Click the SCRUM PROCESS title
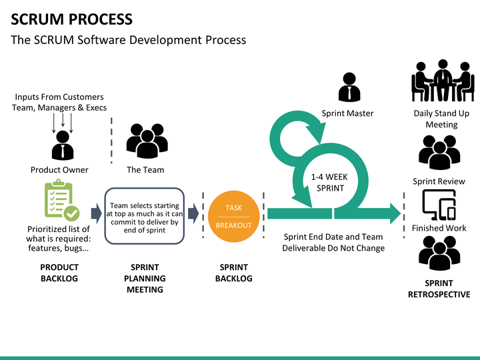pyautogui.click(x=71, y=19)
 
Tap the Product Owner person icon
pyautogui.click(x=63, y=145)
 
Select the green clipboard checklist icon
pyautogui.click(x=62, y=200)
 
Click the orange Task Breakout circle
pyautogui.click(x=233, y=217)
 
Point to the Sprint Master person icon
pyautogui.click(x=349, y=87)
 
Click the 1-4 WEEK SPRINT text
pyautogui.click(x=330, y=183)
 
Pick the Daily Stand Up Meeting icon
pyautogui.click(x=443, y=81)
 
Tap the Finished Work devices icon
pyautogui.click(x=439, y=205)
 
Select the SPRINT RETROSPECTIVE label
pyautogui.click(x=439, y=289)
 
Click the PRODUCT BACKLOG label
pyautogui.click(x=59, y=273)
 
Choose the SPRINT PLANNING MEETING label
pyautogui.click(x=145, y=278)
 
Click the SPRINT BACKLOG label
pyautogui.click(x=233, y=273)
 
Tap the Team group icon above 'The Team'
pyautogui.click(x=147, y=141)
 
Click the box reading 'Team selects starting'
pyautogui.click(x=145, y=216)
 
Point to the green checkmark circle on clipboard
pyautogui.click(x=72, y=213)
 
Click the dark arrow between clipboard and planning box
pyautogui.click(x=97, y=213)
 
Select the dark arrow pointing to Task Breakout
pyautogui.click(x=193, y=213)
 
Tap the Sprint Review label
pyautogui.click(x=439, y=181)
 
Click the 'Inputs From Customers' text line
pyautogui.click(x=59, y=97)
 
